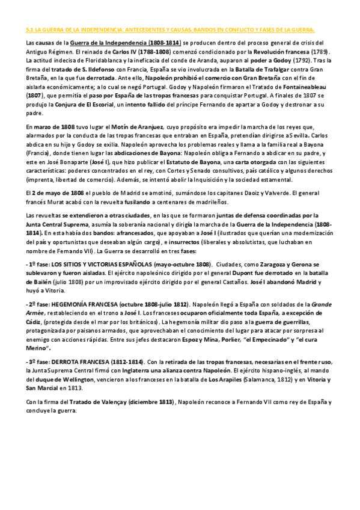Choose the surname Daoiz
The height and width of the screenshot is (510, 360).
[261, 192]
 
